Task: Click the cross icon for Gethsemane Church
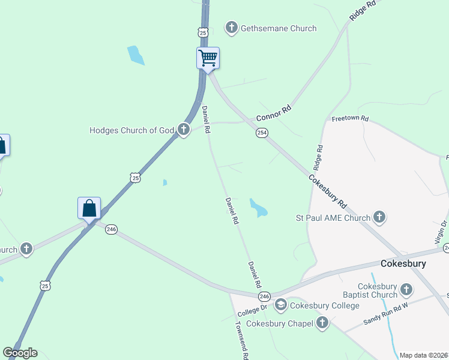click(231, 27)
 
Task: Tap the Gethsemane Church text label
click(279, 28)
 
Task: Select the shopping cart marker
click(208, 59)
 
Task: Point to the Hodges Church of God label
click(131, 130)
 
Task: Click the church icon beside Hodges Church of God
click(184, 130)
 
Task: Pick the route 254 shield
click(262, 133)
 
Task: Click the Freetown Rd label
click(349, 119)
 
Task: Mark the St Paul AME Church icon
click(379, 217)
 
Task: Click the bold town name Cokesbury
click(403, 263)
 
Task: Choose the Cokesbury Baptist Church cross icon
click(406, 290)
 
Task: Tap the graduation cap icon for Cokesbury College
click(280, 305)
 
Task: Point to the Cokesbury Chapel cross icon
click(322, 324)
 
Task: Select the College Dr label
click(253, 310)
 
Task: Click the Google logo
click(20, 353)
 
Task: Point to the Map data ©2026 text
click(424, 355)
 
